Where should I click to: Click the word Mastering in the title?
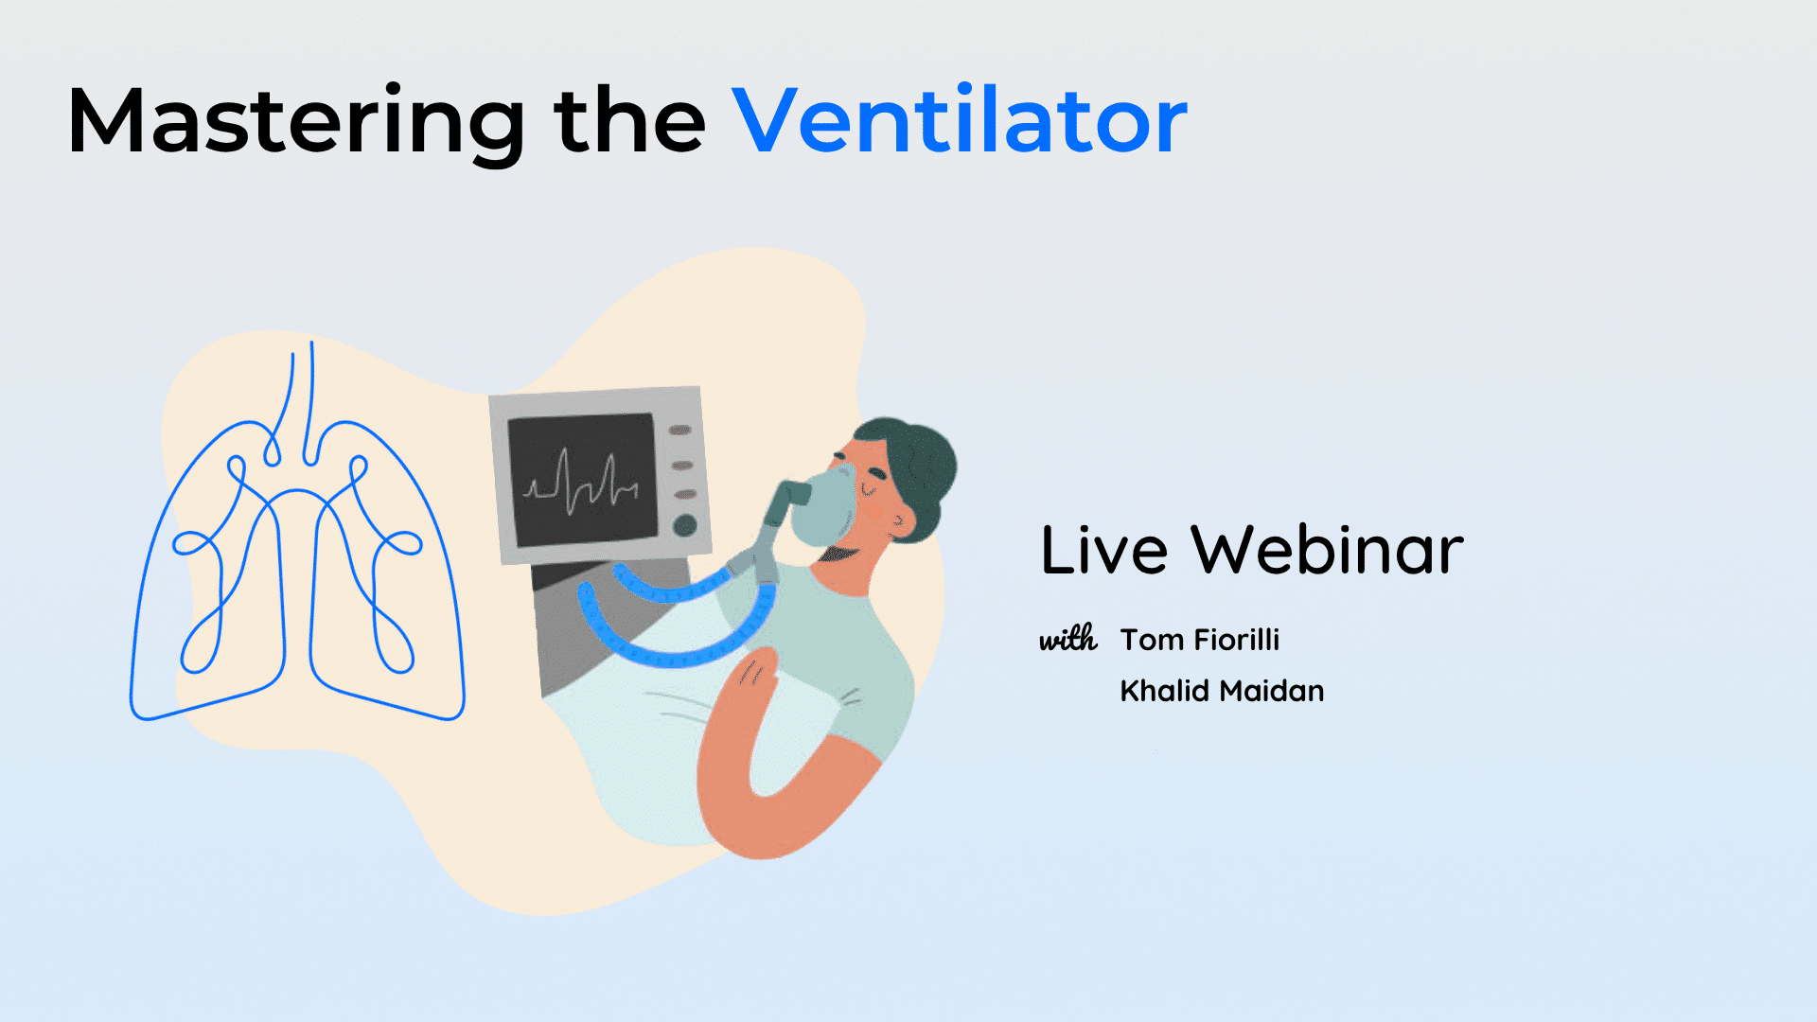click(296, 121)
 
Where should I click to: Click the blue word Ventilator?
click(960, 120)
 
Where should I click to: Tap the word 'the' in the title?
click(630, 120)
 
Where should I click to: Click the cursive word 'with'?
click(1068, 639)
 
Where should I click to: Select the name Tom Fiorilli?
click(1200, 640)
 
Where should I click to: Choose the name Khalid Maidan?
click(1222, 691)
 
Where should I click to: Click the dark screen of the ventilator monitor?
click(582, 480)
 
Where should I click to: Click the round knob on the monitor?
click(684, 526)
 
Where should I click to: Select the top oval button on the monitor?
click(680, 431)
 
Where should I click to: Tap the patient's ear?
click(902, 520)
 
